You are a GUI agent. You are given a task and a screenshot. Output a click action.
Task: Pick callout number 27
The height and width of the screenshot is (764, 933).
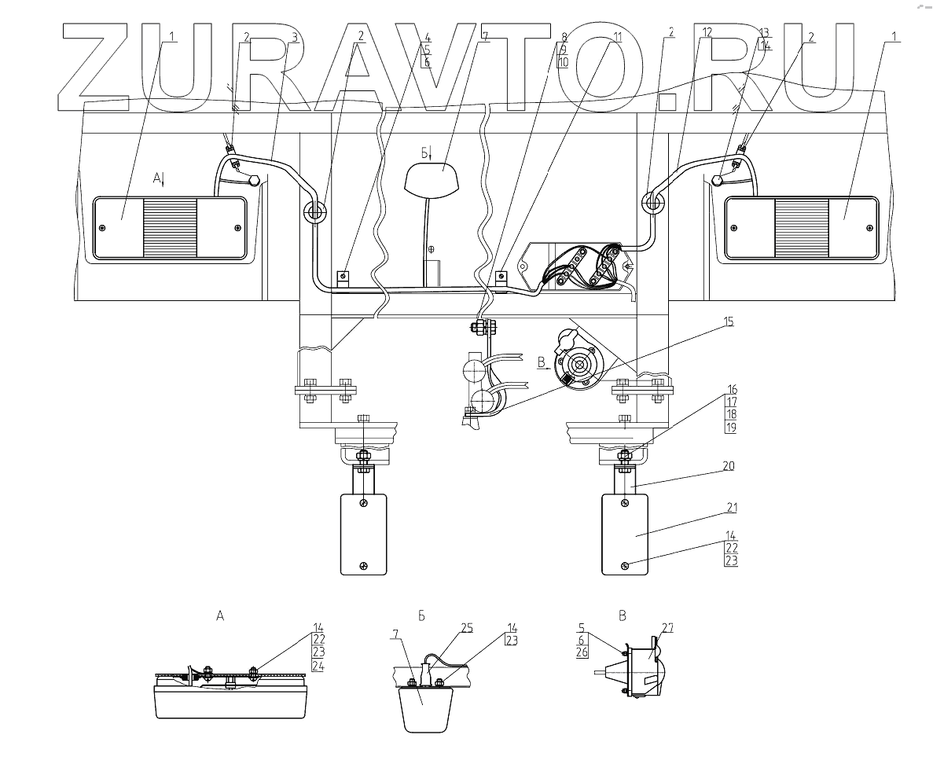pyautogui.click(x=667, y=627)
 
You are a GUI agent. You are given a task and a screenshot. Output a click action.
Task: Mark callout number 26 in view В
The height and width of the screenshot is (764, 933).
pyautogui.click(x=582, y=652)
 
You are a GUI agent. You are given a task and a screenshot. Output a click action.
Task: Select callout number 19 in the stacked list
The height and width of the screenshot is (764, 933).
pyautogui.click(x=731, y=428)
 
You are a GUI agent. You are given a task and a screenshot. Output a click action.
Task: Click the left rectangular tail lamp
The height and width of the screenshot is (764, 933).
pyautogui.click(x=170, y=228)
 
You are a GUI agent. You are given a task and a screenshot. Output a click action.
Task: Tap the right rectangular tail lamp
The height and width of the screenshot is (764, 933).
pyautogui.click(x=801, y=228)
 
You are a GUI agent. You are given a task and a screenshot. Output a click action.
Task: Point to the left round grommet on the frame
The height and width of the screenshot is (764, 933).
pyautogui.click(x=315, y=211)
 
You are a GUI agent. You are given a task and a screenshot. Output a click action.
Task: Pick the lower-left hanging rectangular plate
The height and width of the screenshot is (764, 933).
pyautogui.click(x=362, y=533)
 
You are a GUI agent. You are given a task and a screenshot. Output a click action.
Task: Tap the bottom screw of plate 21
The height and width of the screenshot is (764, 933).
pyautogui.click(x=624, y=566)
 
